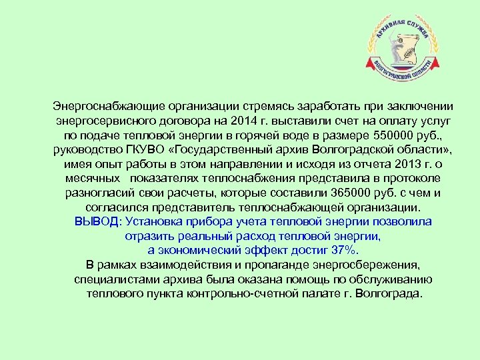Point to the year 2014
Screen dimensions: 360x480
click(x=241, y=121)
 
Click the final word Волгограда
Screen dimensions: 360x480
click(x=389, y=294)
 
